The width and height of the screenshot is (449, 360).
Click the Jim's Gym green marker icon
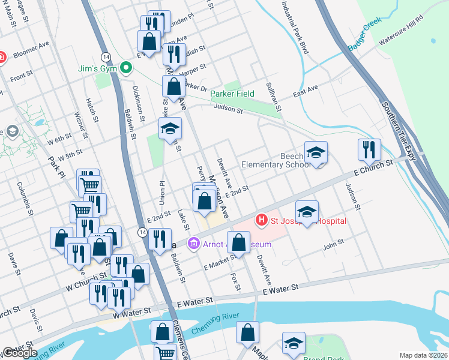pos(126,68)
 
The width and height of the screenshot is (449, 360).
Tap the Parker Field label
pos(232,94)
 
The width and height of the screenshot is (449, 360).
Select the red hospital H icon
pos(261,221)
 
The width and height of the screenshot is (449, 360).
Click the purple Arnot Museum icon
pos(193,244)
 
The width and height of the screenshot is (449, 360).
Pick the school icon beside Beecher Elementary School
pos(316,152)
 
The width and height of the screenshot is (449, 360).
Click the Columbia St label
pos(26,199)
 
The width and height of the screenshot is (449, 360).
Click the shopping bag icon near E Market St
pos(239,242)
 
